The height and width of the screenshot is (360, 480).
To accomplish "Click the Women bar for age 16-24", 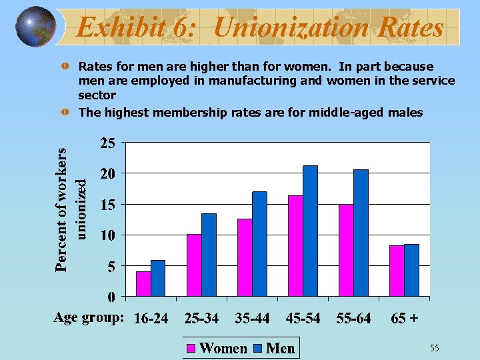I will point(143,283).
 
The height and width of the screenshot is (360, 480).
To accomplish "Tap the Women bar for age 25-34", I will point(194,265).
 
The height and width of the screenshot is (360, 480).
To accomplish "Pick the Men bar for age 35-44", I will point(259,243).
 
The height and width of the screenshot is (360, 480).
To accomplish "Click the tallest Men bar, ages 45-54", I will point(310,230).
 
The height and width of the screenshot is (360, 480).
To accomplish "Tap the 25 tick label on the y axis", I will point(108,143).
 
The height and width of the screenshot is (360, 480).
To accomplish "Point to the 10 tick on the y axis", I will point(108,235).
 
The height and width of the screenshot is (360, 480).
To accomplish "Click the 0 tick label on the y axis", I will point(111,296).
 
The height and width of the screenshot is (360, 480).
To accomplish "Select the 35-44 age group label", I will point(252,318).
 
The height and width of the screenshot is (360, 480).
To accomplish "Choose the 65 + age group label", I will point(405,318).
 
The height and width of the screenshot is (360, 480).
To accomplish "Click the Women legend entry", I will point(217,348).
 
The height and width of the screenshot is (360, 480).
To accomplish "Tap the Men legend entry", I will point(274,348).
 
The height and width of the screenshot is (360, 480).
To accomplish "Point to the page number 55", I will point(434,348).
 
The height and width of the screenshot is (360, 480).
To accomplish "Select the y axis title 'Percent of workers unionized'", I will point(70,200).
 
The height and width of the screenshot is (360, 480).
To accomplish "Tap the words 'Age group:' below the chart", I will point(89,317).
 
